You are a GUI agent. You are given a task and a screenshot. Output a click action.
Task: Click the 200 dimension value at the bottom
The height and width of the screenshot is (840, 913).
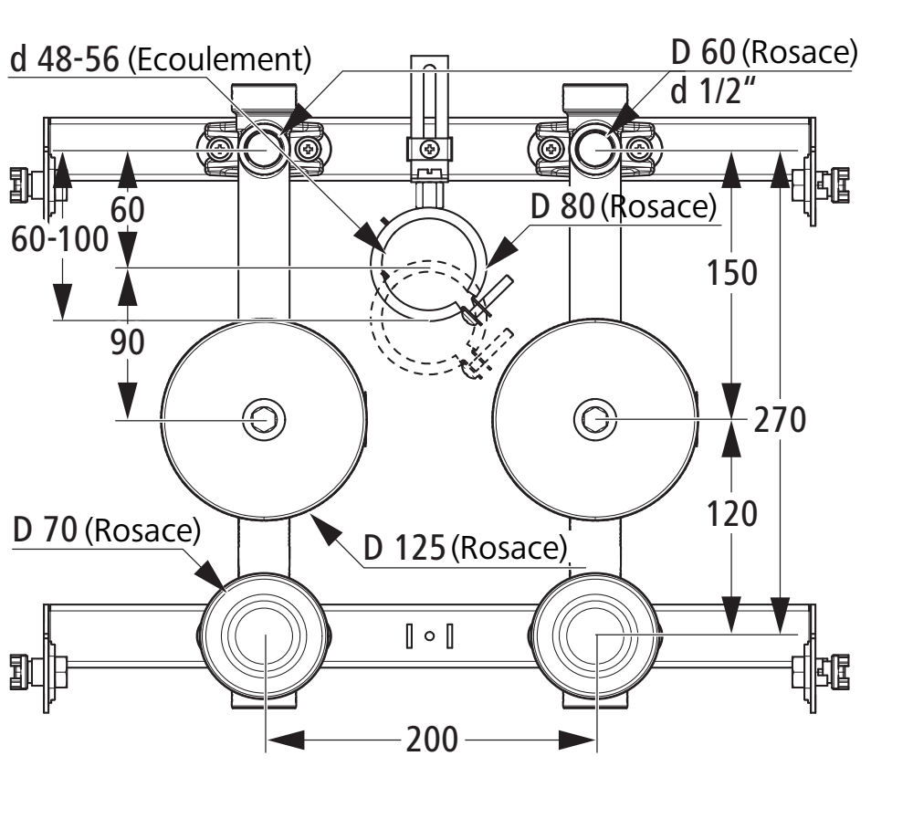(432, 740)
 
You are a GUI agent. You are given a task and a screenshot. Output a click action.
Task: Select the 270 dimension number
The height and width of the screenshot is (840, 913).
(780, 420)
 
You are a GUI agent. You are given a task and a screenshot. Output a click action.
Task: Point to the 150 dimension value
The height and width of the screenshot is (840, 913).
(731, 272)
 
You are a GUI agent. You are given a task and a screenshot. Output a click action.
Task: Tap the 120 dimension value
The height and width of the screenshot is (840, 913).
(731, 514)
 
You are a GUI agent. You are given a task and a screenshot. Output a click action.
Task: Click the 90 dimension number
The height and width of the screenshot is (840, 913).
(128, 342)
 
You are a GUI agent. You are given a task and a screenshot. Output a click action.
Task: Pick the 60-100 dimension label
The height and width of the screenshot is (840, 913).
(60, 239)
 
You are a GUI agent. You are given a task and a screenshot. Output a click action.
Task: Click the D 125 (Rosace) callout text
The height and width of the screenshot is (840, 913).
(466, 548)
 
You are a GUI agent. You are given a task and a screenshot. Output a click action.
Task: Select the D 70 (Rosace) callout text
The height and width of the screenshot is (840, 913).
(107, 530)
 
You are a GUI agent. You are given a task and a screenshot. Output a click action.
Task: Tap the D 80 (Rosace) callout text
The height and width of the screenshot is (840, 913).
(624, 206)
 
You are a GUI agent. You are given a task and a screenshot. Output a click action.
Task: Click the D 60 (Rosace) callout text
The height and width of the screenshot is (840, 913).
(764, 52)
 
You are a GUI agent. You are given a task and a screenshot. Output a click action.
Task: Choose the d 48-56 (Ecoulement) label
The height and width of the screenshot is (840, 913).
(161, 59)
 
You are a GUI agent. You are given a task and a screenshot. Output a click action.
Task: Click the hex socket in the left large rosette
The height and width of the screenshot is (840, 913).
(265, 420)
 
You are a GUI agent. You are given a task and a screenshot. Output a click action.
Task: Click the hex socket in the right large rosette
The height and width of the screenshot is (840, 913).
(594, 420)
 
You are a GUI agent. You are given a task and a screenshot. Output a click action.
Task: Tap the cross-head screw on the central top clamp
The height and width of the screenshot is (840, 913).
(430, 149)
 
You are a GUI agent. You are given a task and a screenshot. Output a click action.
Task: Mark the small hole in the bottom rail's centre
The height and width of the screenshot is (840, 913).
(430, 636)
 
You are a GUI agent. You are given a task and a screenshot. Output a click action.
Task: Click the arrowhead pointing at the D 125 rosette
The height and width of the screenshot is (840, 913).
(326, 529)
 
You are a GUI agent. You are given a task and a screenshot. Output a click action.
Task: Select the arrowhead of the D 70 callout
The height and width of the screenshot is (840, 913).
(210, 574)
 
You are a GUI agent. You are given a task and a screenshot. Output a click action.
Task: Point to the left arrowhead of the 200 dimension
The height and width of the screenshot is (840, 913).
(285, 740)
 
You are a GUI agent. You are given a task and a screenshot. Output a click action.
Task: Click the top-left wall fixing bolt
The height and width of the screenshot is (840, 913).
(29, 185)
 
